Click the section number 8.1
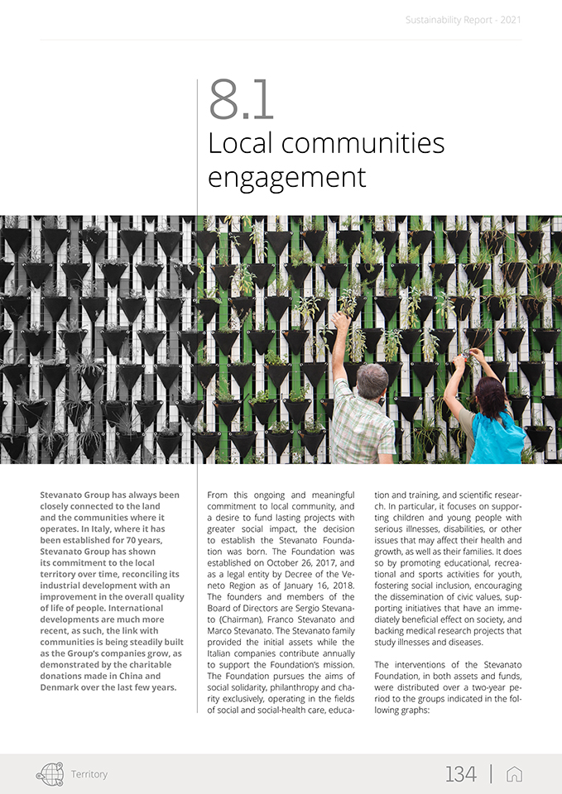coord(241,99)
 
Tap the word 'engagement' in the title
coord(286,176)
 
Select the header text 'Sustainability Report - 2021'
coord(464,19)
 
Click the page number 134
coord(461,774)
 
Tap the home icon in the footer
coord(514,774)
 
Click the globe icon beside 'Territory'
coord(50,774)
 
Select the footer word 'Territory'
coord(89,775)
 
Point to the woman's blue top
coord(497,439)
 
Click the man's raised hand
coord(340,318)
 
